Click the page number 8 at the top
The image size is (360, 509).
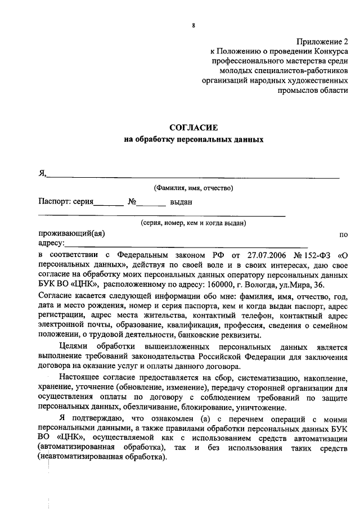(x=193, y=25)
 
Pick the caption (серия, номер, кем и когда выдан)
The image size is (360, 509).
(x=193, y=223)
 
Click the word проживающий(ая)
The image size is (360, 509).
(x=71, y=233)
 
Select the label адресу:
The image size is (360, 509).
(x=51, y=244)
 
